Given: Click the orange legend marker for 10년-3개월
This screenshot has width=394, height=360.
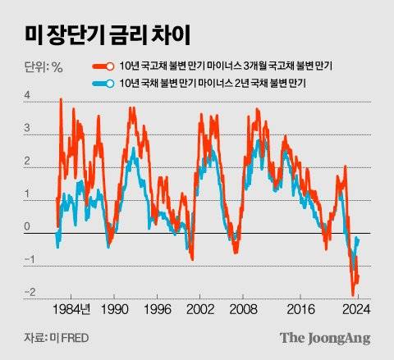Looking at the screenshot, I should [101, 66].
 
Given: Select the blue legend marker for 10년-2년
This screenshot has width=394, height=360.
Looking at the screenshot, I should [101, 84].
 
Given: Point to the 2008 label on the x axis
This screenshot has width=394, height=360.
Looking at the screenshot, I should [244, 311].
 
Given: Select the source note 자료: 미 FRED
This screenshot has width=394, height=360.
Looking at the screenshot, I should [51, 339].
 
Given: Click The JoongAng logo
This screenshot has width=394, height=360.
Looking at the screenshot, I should [325, 338].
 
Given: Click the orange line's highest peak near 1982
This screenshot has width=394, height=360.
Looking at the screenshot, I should [61, 100].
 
